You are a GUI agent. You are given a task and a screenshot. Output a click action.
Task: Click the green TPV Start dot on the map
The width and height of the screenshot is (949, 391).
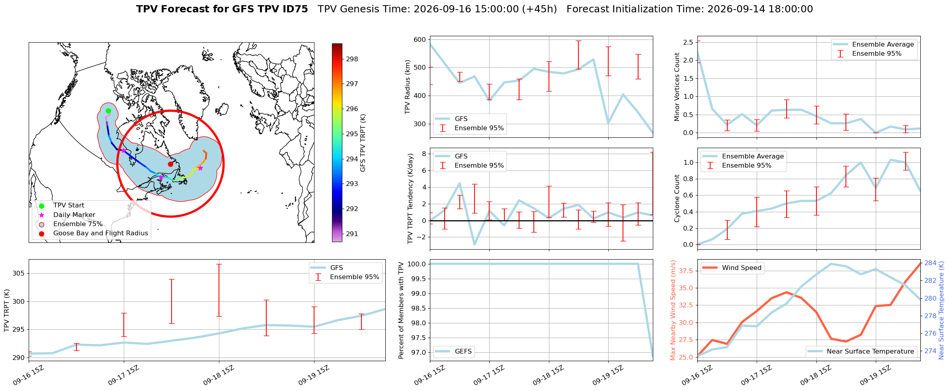click(x=108, y=111)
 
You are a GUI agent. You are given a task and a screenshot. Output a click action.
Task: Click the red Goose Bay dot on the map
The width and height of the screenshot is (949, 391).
click(x=170, y=164)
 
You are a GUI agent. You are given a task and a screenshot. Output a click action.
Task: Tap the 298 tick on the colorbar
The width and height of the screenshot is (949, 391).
click(x=352, y=59)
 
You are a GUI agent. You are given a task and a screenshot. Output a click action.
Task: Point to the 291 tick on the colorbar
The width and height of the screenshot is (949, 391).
click(x=352, y=234)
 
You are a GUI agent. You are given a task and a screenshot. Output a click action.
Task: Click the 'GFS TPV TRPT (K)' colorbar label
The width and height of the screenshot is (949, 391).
click(x=363, y=143)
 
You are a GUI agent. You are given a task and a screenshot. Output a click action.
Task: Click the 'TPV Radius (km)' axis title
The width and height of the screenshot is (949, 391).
click(x=407, y=87)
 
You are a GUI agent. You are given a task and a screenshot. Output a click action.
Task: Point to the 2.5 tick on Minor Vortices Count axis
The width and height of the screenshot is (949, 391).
click(x=688, y=42)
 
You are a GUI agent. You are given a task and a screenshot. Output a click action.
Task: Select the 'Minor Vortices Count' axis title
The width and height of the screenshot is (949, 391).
click(x=677, y=87)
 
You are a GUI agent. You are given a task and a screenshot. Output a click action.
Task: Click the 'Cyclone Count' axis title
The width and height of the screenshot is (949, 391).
click(x=677, y=198)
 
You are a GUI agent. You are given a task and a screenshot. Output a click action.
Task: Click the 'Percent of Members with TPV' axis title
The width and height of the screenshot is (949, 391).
click(x=401, y=310)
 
